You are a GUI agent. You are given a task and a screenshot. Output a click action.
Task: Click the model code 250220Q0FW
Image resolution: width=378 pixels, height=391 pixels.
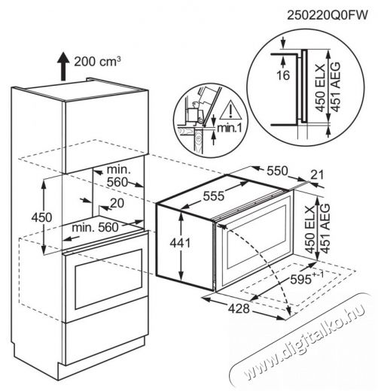point(328,15)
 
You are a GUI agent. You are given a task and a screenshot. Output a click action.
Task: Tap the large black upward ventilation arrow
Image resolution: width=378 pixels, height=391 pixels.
point(63,66)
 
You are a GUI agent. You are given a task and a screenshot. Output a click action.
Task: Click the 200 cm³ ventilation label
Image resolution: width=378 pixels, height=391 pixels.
point(97,62)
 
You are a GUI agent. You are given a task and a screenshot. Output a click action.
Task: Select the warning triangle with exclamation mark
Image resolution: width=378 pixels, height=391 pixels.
point(230,110)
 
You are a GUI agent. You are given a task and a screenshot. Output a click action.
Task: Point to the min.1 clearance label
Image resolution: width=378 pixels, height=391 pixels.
point(230,128)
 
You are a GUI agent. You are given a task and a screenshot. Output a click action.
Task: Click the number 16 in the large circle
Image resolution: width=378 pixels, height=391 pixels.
point(283,75)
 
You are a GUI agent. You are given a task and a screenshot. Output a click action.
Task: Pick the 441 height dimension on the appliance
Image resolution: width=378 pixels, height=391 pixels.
point(180,243)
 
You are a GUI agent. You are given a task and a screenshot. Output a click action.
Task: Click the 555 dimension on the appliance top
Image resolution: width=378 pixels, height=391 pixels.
point(214,195)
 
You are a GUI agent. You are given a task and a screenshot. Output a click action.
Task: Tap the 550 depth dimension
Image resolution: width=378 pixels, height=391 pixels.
point(277,171)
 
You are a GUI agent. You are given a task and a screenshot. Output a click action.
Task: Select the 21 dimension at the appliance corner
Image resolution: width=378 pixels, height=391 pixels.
point(317,175)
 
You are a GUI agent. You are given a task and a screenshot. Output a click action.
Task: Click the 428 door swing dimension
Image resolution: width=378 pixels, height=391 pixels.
point(239,308)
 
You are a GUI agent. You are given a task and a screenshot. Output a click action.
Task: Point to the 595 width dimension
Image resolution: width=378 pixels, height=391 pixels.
point(306,278)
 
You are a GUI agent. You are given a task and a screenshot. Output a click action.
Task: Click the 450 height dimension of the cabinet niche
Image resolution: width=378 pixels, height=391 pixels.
point(41,217)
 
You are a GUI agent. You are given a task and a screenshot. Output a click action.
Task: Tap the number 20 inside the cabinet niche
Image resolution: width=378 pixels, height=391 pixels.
point(117,203)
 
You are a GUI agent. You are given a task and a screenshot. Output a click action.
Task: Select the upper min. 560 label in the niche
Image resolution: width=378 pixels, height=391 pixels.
point(118,176)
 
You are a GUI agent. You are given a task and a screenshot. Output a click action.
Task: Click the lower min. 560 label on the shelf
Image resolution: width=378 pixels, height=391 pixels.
point(95,228)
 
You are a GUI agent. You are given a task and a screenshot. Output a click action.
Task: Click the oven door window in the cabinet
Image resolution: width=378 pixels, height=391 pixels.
point(108,279)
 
